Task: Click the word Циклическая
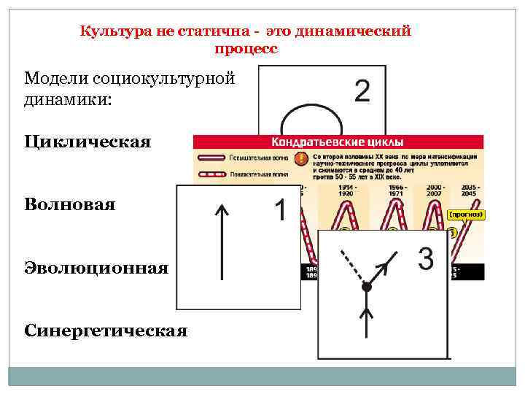point(87,141)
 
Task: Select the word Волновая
point(69,204)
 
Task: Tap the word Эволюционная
point(96,268)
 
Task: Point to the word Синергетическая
point(106,331)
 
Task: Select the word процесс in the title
point(246,49)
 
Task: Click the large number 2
point(361,92)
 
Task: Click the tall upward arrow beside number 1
point(222,242)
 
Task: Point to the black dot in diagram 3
point(367,287)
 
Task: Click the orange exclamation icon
point(300,159)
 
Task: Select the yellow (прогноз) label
point(466,215)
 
